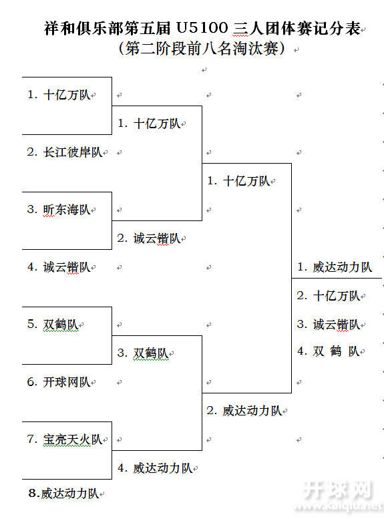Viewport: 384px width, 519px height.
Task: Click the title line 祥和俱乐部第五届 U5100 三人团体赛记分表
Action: click(202, 29)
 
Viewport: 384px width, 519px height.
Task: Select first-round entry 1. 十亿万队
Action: click(59, 95)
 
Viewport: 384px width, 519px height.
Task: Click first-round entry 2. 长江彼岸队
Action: click(65, 152)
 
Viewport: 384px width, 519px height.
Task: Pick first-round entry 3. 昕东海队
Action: click(59, 210)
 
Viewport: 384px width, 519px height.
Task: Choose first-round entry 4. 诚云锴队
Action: click(59, 267)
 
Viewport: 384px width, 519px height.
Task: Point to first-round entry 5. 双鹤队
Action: click(53, 325)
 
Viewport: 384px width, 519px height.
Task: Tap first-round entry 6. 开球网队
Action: click(59, 382)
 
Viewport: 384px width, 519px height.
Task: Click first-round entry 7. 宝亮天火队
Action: click(65, 440)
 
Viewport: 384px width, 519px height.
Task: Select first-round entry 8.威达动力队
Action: click(63, 494)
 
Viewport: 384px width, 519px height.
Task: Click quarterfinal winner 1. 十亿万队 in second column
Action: click(149, 124)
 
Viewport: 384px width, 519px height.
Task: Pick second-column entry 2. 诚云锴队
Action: click(149, 238)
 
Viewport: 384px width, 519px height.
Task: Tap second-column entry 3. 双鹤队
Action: click(144, 353)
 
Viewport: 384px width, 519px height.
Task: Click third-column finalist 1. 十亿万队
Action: click(238, 181)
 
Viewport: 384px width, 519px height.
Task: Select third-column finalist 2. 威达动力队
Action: click(244, 411)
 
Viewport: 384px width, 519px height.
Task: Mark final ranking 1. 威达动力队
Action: click(335, 267)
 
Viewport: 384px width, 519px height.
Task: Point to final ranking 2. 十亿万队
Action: click(329, 296)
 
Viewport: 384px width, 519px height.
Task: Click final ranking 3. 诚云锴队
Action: click(329, 325)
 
